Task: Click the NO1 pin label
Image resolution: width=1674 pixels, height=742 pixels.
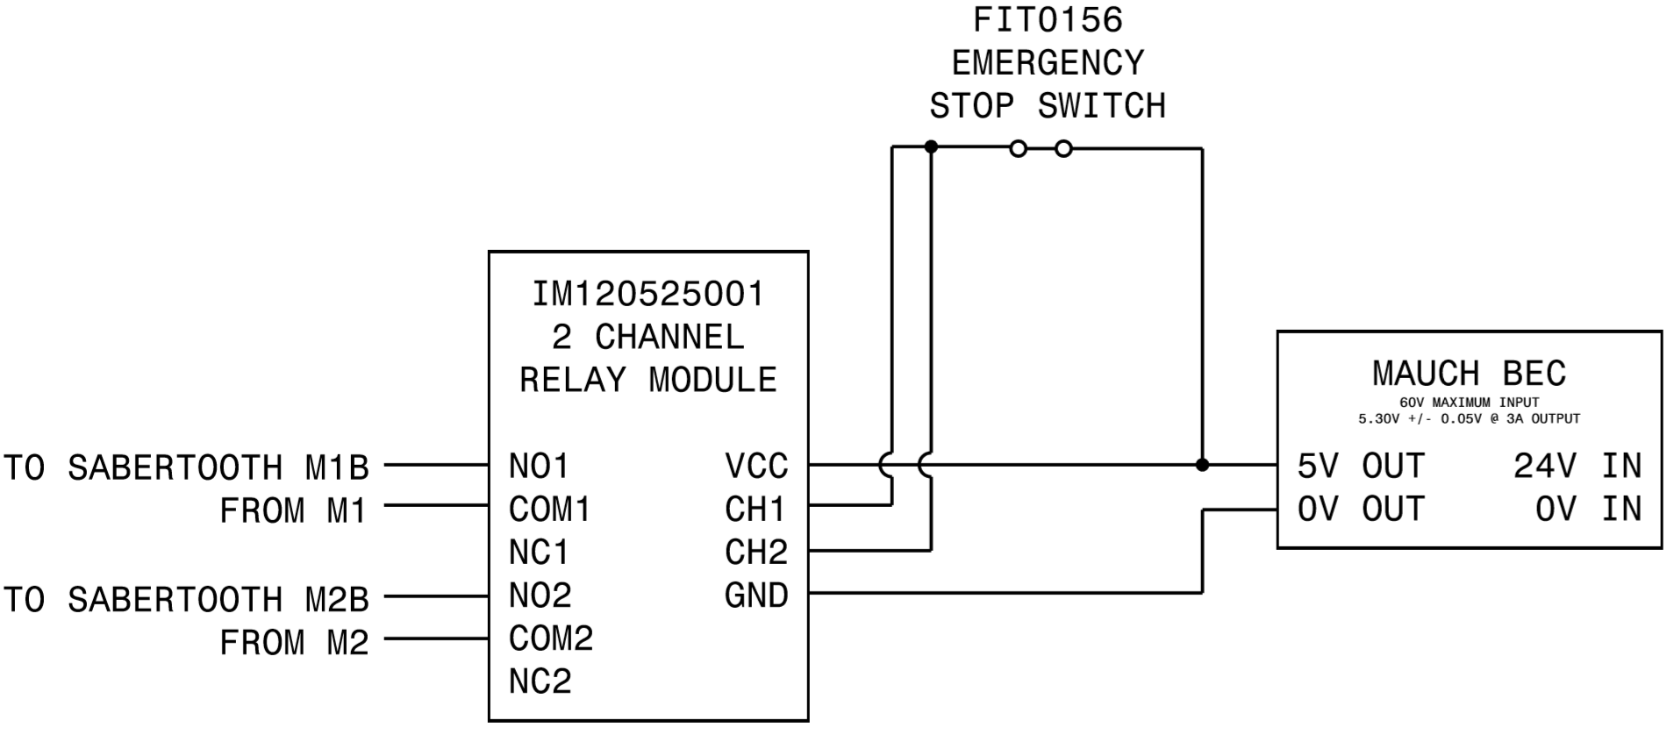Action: click(539, 466)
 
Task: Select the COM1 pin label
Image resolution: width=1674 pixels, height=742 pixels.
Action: click(549, 509)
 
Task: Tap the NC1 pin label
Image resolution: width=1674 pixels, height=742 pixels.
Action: click(539, 552)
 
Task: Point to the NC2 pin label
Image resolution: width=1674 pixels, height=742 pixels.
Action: click(540, 681)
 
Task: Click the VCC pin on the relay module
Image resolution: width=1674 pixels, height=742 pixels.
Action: click(756, 466)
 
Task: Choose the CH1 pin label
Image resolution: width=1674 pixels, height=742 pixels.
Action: click(755, 509)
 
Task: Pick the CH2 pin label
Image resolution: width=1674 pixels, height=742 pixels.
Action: click(755, 552)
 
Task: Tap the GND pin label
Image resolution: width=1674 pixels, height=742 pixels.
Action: click(756, 595)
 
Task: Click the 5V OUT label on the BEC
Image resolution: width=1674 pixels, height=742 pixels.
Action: click(1361, 466)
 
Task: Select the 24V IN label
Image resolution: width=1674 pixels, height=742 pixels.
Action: click(1577, 466)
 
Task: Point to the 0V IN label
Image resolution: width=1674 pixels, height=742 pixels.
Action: click(1587, 509)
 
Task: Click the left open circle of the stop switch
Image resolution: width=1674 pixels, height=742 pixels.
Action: click(1018, 149)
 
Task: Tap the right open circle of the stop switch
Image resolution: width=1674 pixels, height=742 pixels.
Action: click(1063, 149)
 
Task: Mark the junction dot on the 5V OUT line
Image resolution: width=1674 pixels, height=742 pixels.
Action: click(1202, 465)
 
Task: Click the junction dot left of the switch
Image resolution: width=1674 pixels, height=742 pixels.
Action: click(931, 146)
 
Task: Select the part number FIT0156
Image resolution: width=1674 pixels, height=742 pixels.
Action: click(1048, 20)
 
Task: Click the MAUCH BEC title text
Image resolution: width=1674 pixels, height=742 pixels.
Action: click(1469, 374)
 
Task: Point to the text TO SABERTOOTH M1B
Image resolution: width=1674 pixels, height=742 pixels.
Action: click(186, 467)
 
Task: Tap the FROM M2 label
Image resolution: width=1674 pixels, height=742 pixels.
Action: click(294, 643)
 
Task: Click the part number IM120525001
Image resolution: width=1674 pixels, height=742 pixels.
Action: click(648, 294)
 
